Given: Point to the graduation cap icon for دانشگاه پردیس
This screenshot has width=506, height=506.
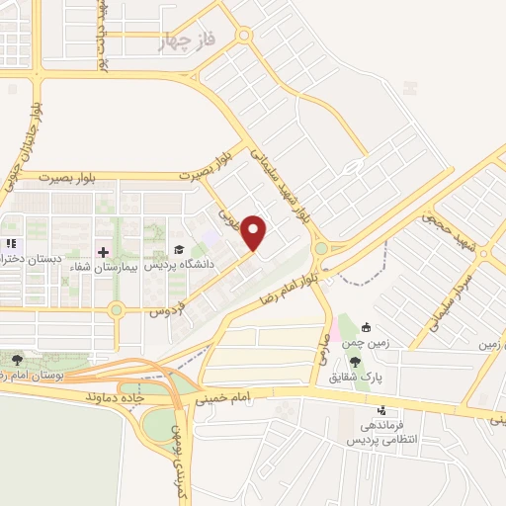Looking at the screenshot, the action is (179, 250).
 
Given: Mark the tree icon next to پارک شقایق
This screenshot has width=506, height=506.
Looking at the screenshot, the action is (382, 362).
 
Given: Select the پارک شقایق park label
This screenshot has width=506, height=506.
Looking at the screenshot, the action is (381, 378).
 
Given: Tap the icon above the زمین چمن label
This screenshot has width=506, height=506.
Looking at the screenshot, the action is (367, 327).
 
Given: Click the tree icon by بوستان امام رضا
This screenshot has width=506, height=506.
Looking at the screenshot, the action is (16, 359).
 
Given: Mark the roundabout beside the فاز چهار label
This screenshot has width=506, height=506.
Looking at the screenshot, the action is (244, 35).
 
